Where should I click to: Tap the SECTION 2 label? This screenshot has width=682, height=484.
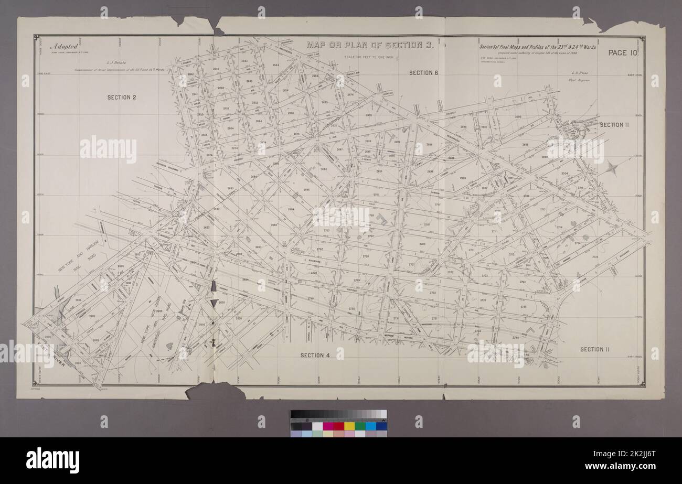point(122,98)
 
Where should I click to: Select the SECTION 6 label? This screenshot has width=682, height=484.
point(423,73)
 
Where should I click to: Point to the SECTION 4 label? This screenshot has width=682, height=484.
point(315,356)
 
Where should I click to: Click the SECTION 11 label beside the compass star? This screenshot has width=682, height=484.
point(614,125)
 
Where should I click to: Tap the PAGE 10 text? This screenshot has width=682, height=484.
point(623,52)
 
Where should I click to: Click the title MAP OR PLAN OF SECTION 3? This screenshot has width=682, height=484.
point(370,45)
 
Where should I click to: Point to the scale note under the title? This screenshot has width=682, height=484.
point(370,56)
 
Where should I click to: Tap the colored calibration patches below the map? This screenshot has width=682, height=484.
point(338,426)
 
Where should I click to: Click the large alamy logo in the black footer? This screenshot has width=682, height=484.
point(52,460)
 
